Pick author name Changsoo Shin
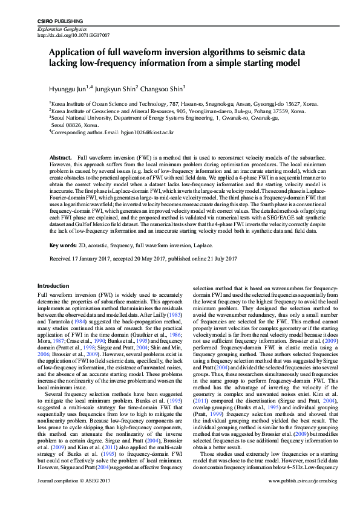(163, 88)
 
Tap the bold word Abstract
(61, 157)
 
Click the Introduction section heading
(53, 286)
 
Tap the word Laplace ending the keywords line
(205, 245)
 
